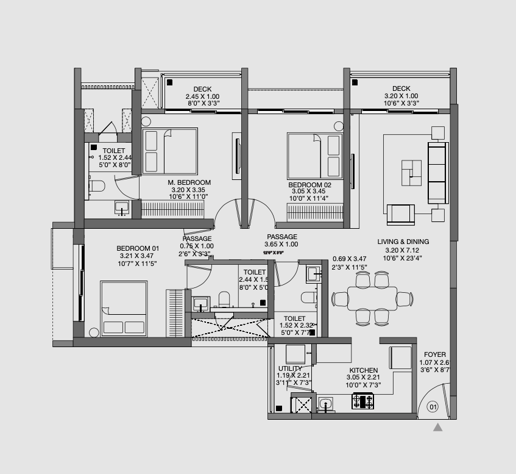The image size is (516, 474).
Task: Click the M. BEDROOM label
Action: click(189, 182)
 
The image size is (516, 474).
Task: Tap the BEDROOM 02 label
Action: click(309, 184)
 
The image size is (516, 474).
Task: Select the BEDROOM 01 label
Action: click(138, 248)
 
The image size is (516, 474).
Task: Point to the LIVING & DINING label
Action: click(403, 242)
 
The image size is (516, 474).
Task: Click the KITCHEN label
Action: click(363, 370)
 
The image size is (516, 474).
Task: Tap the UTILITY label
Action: click(290, 368)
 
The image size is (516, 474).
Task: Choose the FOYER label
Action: click(435, 354)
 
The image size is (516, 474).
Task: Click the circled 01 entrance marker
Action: click(433, 406)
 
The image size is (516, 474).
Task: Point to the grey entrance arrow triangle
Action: click(437, 428)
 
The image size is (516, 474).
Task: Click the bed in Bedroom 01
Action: click(124, 309)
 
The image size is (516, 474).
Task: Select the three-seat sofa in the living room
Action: click(437, 173)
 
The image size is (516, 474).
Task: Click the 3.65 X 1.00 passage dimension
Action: click(281, 245)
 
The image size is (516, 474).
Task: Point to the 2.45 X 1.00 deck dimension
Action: click(202, 96)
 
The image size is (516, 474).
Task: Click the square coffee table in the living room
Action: click(411, 172)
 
